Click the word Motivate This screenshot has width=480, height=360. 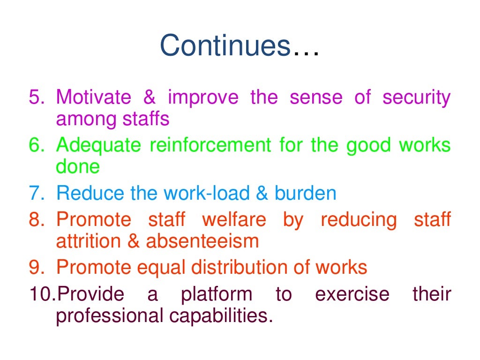pyautogui.click(x=94, y=97)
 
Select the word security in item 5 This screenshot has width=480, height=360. pyautogui.click(x=416, y=97)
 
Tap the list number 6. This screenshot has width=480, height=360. pyautogui.click(x=36, y=145)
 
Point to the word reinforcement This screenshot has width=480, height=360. pyautogui.click(x=210, y=145)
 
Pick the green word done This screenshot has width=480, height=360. pyautogui.click(x=78, y=167)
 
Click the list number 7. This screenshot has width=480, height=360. pyautogui.click(x=36, y=194)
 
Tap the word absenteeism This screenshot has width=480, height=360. pyautogui.click(x=202, y=241)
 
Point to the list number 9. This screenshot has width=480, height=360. pyautogui.click(x=36, y=268)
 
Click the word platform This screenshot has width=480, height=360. pyautogui.click(x=217, y=294)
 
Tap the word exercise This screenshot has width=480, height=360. pyautogui.click(x=352, y=294)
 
